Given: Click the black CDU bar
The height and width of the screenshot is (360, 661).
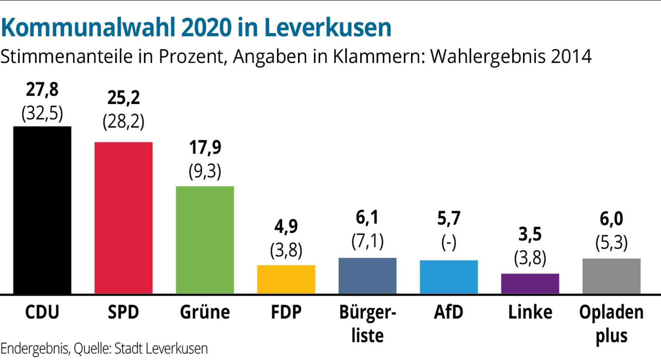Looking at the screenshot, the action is [x=42, y=210].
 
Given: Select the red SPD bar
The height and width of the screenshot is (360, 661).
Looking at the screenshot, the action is [x=124, y=218].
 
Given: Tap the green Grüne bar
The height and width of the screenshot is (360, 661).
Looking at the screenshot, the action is [x=205, y=240].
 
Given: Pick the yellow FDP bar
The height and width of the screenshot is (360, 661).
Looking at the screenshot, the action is [x=286, y=279].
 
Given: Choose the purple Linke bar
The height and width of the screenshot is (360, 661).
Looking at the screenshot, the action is [x=530, y=284].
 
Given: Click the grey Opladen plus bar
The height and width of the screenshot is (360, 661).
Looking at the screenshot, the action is [x=611, y=276].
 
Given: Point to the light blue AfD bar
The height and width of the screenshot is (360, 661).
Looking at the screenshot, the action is [x=449, y=277].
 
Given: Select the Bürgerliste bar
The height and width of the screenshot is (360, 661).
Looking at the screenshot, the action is [x=368, y=276].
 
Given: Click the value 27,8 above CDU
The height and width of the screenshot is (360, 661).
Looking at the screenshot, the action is [x=42, y=90].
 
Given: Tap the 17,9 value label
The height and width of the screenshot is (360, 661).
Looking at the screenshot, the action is [x=205, y=147].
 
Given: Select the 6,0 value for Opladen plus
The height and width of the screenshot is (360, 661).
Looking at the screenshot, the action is [x=611, y=219].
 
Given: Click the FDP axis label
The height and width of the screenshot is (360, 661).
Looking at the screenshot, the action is [x=286, y=312].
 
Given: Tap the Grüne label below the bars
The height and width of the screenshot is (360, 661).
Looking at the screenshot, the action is [x=205, y=312].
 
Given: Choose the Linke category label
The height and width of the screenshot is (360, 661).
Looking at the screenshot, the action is [x=530, y=312].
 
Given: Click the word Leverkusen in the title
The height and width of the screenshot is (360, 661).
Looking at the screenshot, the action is [x=328, y=27].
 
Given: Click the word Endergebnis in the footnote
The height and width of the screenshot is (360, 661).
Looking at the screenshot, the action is [x=35, y=349].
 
